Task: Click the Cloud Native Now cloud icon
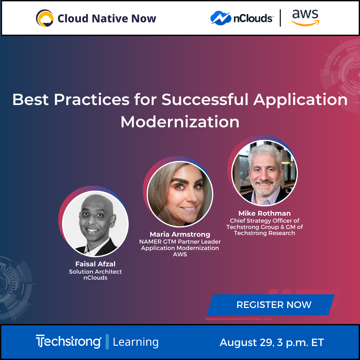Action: point(45,18)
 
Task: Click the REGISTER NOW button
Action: point(274,305)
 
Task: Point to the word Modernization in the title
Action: point(180,122)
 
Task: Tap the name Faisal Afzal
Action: point(95,264)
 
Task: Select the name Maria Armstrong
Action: point(180,234)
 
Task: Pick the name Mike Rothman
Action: point(265,213)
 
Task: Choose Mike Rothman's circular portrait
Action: point(265,172)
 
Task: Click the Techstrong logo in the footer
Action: point(68,342)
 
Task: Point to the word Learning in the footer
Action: point(136,342)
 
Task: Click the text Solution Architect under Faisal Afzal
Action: point(95,272)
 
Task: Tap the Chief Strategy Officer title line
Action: point(265,221)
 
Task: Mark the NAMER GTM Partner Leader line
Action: point(180,242)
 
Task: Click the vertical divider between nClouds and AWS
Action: point(280,18)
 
